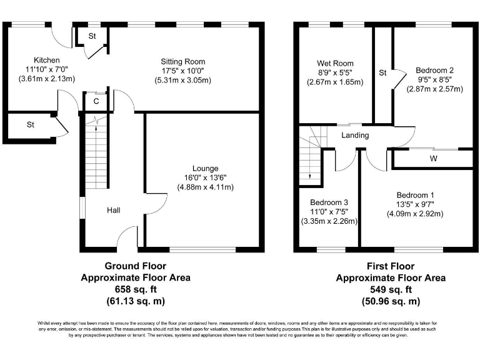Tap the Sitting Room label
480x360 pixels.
point(183,62)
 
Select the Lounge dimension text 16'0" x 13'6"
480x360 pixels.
point(205,178)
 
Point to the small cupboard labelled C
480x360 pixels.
point(96,101)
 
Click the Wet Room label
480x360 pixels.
point(335,63)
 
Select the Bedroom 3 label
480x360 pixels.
point(329,202)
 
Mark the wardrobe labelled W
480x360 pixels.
point(433,159)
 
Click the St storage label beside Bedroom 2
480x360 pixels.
point(382,73)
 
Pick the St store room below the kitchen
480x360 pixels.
point(30,125)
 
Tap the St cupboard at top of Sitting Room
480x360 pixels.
point(91,36)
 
